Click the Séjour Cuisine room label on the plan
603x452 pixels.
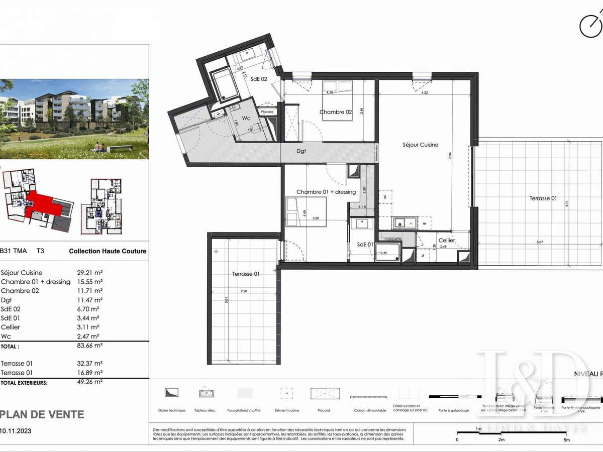(421, 145)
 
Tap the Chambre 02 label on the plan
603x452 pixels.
(336, 112)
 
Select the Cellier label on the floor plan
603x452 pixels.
(447, 241)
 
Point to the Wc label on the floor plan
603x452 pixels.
(245, 118)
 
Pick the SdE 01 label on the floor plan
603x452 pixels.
(366, 244)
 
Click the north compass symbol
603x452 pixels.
(590, 25)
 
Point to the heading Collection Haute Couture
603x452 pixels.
(108, 251)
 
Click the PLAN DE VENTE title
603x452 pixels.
(42, 414)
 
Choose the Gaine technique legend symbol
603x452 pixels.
(171, 392)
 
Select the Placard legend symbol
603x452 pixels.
(324, 392)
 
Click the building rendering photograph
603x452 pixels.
(74, 119)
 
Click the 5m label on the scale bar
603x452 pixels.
(566, 440)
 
